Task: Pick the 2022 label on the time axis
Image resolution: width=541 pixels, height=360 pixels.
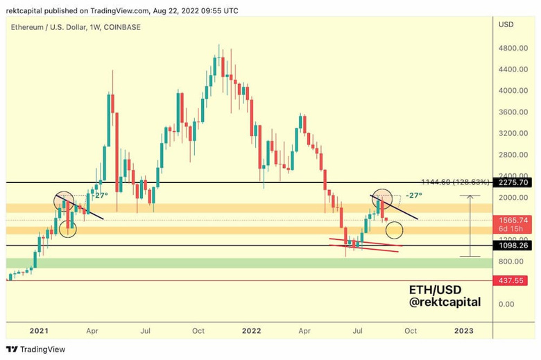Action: (251, 331)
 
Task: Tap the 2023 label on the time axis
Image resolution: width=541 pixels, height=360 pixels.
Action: (464, 331)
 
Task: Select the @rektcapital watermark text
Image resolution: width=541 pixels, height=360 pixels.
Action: (444, 303)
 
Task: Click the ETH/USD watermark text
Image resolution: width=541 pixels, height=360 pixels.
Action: (435, 289)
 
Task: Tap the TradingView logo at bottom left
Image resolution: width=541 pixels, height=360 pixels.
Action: (32, 350)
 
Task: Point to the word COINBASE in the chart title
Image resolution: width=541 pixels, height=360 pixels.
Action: (121, 26)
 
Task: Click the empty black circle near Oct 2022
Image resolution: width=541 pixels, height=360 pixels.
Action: (394, 229)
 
